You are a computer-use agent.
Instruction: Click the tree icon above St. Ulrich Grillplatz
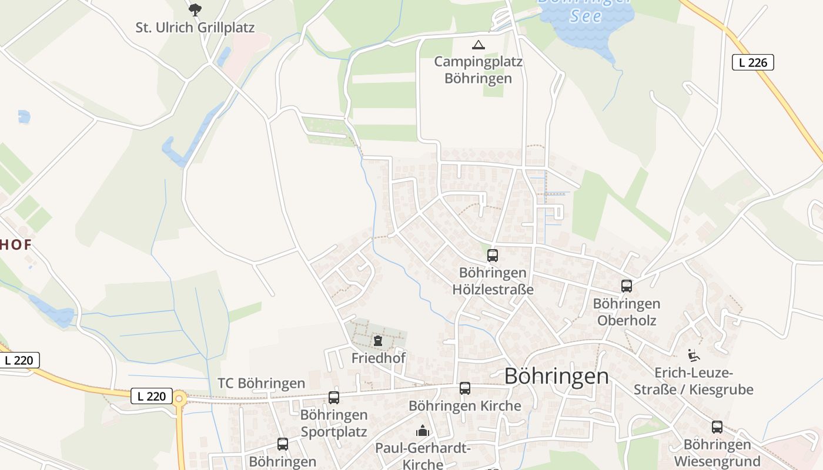click(x=195, y=9)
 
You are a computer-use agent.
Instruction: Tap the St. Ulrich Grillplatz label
click(x=195, y=28)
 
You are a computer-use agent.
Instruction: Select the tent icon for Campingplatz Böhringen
click(x=479, y=45)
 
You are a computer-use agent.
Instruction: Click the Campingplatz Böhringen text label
click(x=478, y=70)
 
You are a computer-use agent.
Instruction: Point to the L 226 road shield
click(x=752, y=62)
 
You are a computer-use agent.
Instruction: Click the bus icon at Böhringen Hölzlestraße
click(x=493, y=256)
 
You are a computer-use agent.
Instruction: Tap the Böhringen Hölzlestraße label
click(x=493, y=281)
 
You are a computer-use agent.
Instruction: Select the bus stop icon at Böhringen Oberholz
click(x=627, y=286)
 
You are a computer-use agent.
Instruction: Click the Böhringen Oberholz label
click(x=627, y=312)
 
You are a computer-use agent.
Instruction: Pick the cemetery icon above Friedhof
click(x=377, y=340)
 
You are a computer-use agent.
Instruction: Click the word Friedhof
click(x=378, y=358)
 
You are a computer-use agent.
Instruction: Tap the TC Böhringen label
click(x=261, y=384)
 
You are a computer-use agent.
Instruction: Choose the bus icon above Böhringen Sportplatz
click(x=334, y=398)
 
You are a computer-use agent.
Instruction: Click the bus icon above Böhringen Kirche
click(x=465, y=388)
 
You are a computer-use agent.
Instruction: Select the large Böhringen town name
click(x=556, y=376)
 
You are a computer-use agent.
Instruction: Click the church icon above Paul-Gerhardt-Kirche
click(x=423, y=431)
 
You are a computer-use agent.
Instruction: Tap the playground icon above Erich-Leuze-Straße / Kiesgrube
click(x=694, y=355)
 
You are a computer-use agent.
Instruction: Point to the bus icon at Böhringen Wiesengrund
click(x=717, y=427)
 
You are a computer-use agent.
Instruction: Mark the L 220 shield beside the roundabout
click(x=151, y=397)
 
